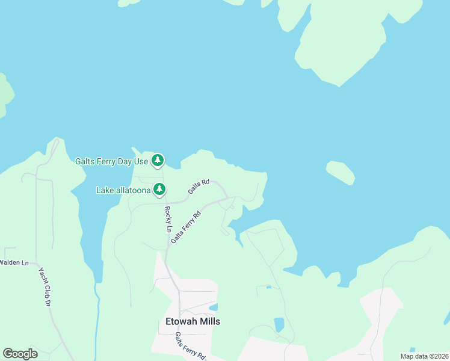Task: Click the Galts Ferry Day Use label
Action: click(111, 161)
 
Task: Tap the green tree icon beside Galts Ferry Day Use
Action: click(158, 160)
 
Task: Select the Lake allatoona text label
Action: click(123, 190)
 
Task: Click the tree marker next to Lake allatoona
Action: click(159, 190)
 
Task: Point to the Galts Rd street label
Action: click(198, 186)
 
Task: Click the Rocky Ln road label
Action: click(168, 220)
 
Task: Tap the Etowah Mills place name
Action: click(193, 321)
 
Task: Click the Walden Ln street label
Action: click(14, 262)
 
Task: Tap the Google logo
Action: click(20, 354)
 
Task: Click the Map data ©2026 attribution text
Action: click(424, 356)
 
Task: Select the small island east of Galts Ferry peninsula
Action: click(341, 173)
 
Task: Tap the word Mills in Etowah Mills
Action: click(209, 321)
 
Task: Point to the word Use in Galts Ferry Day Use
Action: click(141, 161)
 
